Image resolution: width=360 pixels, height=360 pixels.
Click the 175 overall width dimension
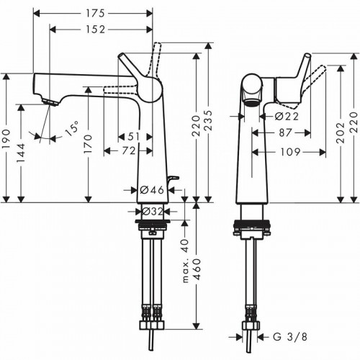tap(93, 14)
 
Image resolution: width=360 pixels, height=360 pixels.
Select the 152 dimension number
tap(93, 30)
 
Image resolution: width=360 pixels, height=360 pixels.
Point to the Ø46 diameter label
tap(153, 190)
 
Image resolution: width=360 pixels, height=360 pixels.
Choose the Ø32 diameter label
tap(153, 212)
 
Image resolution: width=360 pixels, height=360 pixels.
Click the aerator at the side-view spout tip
tap(50, 103)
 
